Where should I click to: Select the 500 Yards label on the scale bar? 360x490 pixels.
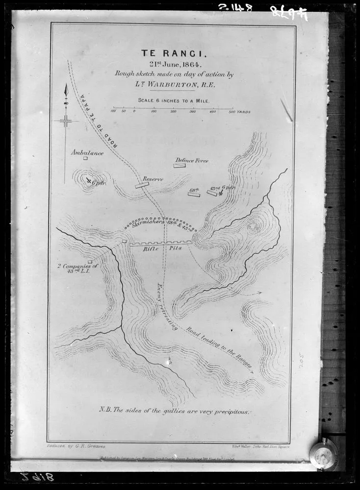click(239, 112)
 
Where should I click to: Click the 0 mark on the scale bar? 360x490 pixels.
click(134, 112)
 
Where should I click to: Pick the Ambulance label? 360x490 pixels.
click(87, 153)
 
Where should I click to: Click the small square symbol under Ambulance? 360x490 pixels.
click(85, 158)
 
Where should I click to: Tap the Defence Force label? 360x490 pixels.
click(192, 160)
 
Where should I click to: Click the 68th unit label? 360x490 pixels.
click(194, 189)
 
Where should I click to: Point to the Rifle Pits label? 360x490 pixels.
click(162, 248)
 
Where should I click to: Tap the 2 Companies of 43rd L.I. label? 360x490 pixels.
click(77, 269)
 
